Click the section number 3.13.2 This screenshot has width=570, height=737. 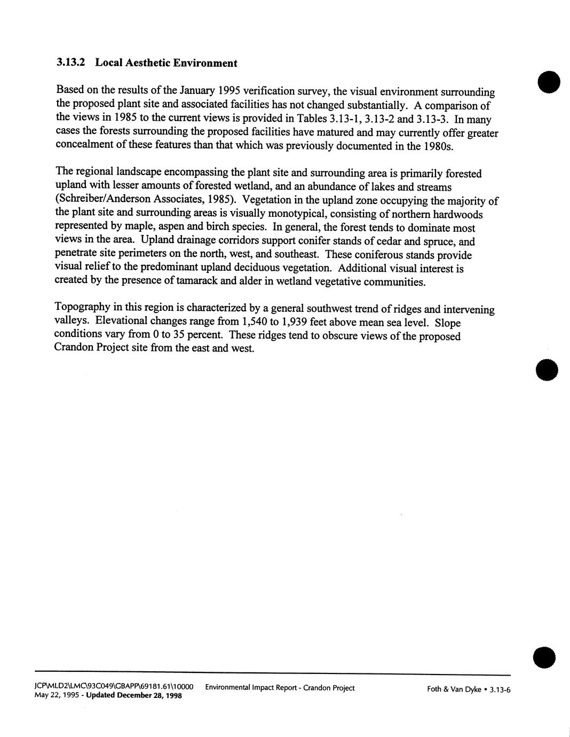pos(71,62)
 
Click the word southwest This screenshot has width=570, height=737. pos(340,309)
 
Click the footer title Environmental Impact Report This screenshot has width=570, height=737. pos(251,688)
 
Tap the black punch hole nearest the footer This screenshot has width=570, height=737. pos(544,656)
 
